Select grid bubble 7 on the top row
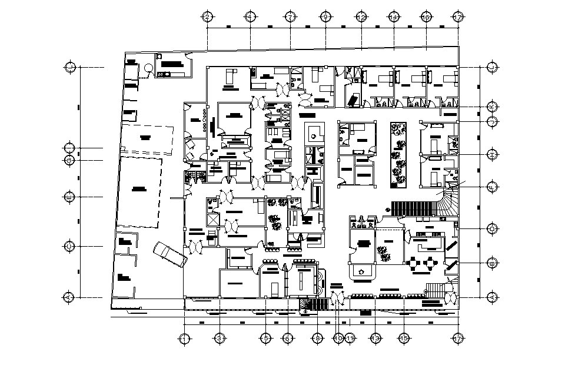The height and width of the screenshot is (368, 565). click(290, 17)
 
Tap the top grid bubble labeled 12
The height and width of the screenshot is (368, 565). click(361, 17)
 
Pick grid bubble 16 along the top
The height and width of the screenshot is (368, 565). click(426, 17)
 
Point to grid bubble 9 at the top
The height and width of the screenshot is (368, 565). click(325, 17)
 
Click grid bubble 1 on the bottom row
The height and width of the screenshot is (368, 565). click(184, 339)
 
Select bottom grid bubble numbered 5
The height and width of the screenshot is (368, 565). click(266, 339)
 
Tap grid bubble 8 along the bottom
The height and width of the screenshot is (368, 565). click(318, 339)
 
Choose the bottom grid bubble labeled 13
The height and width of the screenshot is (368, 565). click(375, 339)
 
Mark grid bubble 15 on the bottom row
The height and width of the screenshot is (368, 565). click(404, 339)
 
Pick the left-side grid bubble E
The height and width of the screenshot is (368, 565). click(69, 196)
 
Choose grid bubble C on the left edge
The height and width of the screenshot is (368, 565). click(69, 246)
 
